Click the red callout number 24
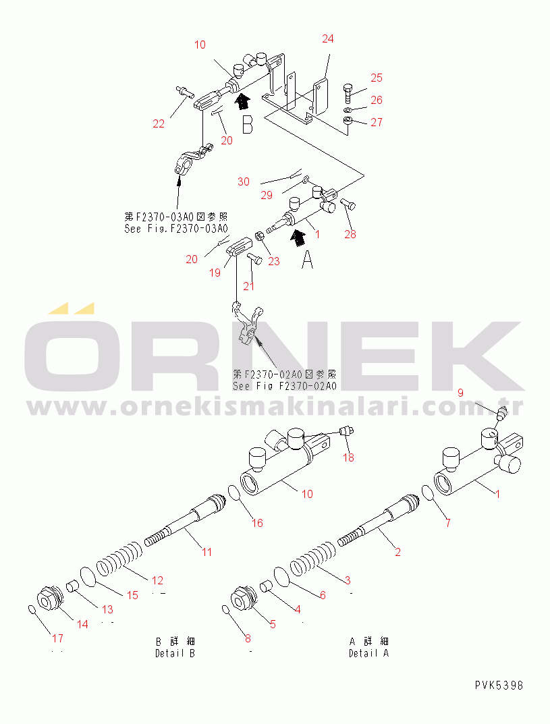tap(328, 38)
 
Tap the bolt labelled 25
tap(348, 93)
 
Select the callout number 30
tap(244, 182)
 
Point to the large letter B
tap(248, 125)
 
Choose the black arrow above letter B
tap(242, 101)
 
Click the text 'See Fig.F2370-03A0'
tap(176, 229)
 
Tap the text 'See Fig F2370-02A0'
tap(285, 385)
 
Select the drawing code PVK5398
tap(499, 686)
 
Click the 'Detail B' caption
tap(175, 653)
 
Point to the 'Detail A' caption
tap(369, 653)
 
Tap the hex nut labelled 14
tap(48, 598)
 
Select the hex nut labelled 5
tap(242, 598)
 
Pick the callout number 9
tap(460, 393)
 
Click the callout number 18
tap(348, 457)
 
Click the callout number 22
tap(159, 123)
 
